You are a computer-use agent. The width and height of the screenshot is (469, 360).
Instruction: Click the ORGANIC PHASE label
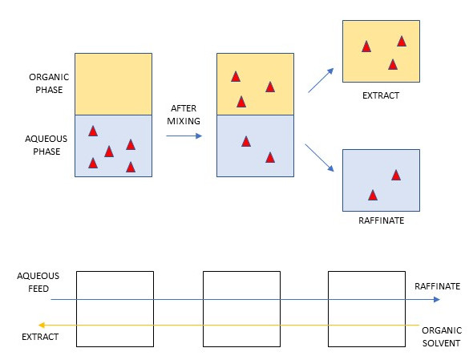point(49,83)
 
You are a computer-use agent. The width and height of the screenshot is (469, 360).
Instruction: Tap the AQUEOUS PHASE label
point(46,145)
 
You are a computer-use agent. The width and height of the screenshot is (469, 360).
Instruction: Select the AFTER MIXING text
point(184,115)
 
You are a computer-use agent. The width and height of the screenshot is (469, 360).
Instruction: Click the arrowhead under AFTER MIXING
point(199,136)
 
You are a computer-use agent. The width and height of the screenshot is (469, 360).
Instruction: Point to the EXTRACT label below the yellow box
point(381,95)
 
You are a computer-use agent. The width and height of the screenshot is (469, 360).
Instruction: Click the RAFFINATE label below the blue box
point(382,220)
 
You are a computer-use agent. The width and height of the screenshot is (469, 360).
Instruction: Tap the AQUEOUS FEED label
point(38,282)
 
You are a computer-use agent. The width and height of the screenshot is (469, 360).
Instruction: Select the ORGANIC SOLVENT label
point(442,337)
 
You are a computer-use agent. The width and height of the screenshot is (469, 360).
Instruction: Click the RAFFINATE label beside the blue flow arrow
point(437,286)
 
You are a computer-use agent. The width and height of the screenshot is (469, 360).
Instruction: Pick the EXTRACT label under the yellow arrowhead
point(40,337)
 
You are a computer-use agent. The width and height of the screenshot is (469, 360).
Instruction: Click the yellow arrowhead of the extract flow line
point(42,325)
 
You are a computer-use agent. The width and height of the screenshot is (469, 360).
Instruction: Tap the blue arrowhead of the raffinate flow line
point(436,299)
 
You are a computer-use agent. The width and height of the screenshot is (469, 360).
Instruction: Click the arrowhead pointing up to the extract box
point(330,71)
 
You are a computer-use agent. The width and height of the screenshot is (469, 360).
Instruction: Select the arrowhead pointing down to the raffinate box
point(330,168)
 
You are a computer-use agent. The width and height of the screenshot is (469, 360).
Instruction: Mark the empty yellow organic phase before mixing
point(113,84)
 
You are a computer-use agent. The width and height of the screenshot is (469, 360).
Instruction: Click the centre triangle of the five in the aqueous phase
point(109,152)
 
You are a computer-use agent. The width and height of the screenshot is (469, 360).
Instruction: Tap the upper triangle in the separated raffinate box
point(396,175)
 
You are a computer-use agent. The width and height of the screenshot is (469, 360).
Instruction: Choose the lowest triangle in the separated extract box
point(393,64)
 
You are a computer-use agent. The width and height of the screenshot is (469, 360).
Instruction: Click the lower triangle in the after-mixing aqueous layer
point(270,157)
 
